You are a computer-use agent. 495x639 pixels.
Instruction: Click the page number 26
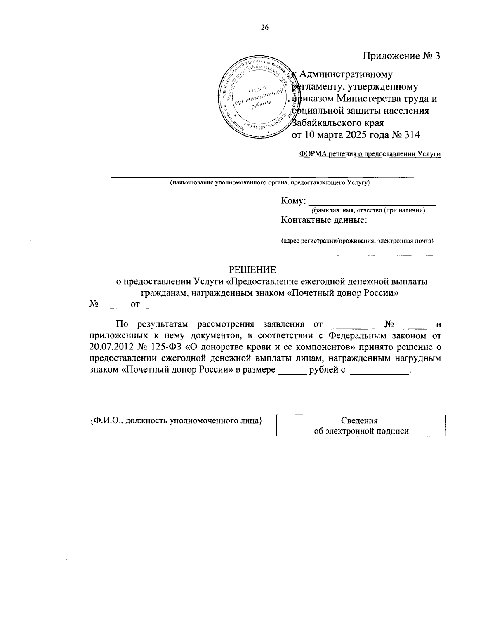point(264,28)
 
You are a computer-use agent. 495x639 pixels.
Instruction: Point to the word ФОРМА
point(313,154)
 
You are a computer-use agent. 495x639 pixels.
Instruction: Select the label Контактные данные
point(324,219)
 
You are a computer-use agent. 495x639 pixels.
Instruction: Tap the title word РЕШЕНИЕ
point(252,270)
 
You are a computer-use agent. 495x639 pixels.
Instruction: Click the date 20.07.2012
point(109,347)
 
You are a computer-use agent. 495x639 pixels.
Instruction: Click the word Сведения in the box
point(359,421)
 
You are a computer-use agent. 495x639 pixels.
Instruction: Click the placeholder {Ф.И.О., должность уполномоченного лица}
point(176,421)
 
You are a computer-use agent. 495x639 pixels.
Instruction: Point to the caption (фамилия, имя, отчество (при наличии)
point(368,211)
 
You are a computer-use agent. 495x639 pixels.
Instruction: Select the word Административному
point(346,75)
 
